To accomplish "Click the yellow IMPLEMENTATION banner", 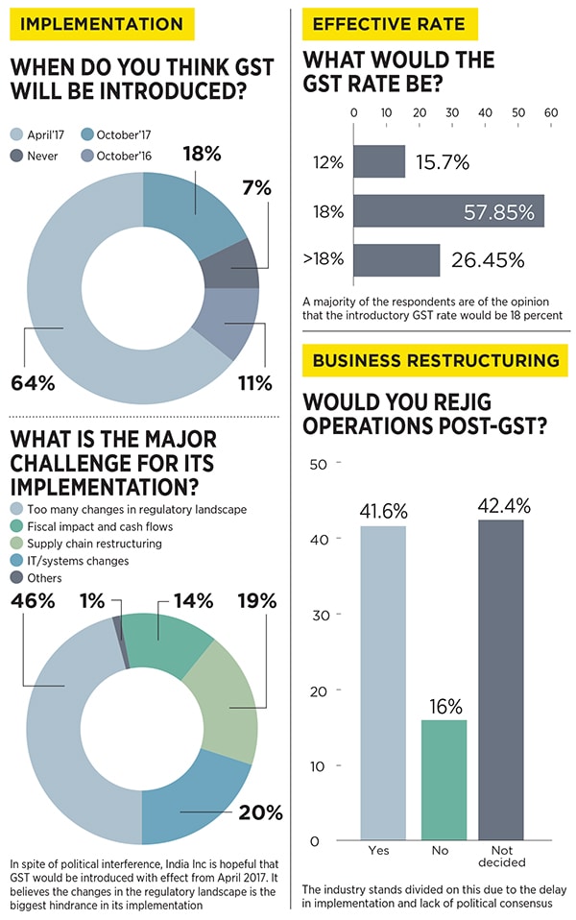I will [101, 23].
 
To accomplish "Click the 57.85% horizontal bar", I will [448, 211].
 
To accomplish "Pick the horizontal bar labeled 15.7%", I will [379, 162].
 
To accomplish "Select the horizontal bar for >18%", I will [396, 260].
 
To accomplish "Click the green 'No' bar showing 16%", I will [443, 780].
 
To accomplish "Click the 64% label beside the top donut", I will [32, 383].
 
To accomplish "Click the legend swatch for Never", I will [16, 155].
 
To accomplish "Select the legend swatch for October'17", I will [86, 135].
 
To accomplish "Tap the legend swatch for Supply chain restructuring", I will [16, 544].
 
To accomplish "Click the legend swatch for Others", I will [16, 578].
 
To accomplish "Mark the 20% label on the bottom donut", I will [261, 812].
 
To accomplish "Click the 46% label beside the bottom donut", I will [32, 602].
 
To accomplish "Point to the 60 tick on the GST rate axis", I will [551, 112].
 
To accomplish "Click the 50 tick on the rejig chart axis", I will [317, 464].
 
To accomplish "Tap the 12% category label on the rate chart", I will [328, 162].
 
